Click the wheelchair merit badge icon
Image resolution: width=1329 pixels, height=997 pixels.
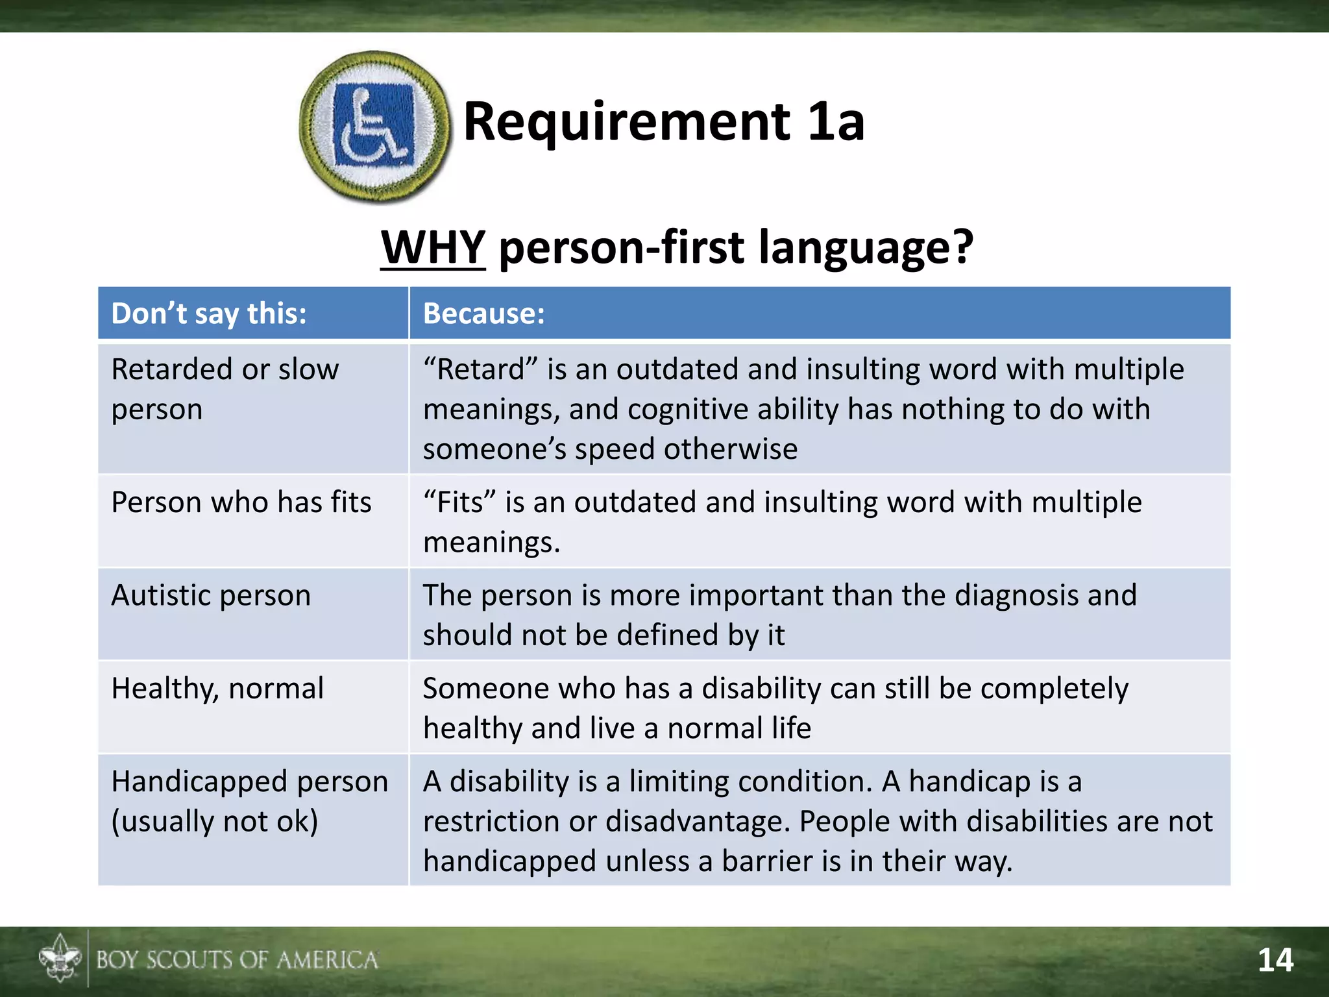point(374,126)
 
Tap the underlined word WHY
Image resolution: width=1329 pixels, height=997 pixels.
point(433,247)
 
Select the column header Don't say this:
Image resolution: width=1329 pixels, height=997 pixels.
point(209,314)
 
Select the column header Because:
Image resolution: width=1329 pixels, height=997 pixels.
point(484,314)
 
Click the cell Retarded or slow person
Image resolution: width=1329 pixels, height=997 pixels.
point(225,389)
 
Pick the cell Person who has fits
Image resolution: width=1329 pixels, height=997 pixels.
point(241,502)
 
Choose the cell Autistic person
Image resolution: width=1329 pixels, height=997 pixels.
point(211,595)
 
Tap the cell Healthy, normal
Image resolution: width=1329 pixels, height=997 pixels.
point(217,689)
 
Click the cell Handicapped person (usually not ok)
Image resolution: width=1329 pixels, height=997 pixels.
point(249,801)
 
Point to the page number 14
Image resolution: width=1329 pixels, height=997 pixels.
point(1275,960)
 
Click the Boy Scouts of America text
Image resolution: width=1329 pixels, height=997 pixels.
point(237,960)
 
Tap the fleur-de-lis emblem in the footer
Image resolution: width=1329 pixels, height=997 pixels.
point(60,959)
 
